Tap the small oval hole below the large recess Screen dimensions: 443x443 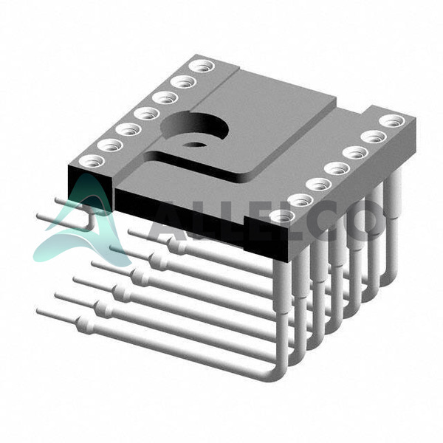194,145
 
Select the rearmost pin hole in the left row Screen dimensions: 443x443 202,66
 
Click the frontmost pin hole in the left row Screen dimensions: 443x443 92,161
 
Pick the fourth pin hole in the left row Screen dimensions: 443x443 147,114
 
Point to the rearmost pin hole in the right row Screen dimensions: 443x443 392,122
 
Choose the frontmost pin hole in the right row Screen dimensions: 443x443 282,216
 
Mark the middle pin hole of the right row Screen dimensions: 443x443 337,169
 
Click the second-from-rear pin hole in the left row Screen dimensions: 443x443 183,82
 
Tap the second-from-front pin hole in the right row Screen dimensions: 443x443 301,201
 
